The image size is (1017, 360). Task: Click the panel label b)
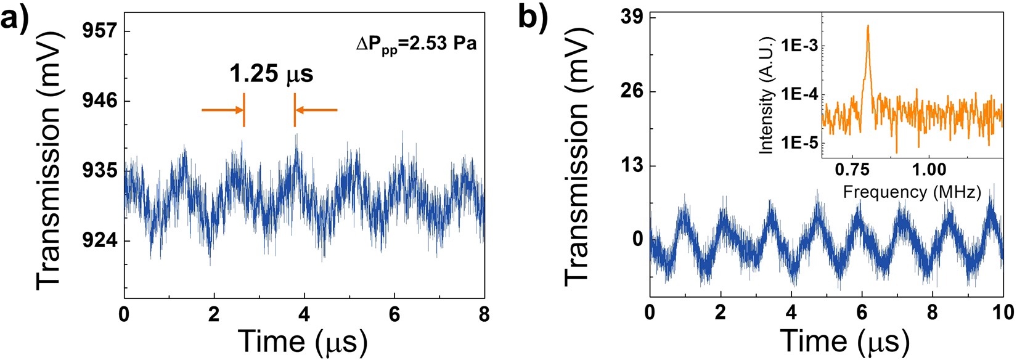(x=533, y=18)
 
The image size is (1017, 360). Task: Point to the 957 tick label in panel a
(x=99, y=31)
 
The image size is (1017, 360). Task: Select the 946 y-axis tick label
(x=99, y=100)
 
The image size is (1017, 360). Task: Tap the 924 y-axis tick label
(x=99, y=240)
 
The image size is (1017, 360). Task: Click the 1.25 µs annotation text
(x=271, y=74)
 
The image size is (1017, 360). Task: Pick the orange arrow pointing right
(x=223, y=110)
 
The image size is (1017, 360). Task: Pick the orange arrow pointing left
(x=316, y=110)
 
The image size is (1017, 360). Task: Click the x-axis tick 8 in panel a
(x=484, y=315)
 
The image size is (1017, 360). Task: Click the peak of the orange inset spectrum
(x=868, y=27)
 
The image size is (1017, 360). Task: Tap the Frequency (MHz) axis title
(x=912, y=191)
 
